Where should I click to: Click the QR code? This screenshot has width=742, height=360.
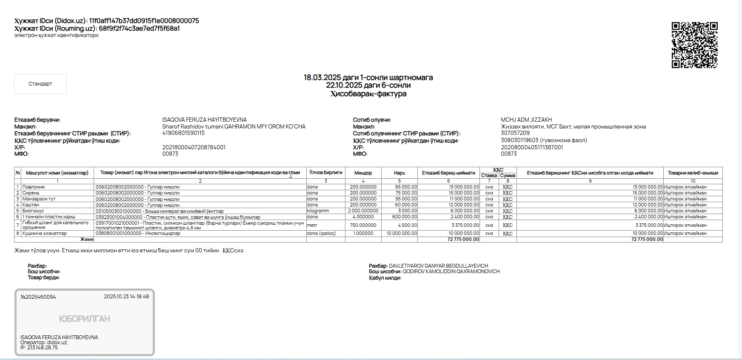tap(694, 45)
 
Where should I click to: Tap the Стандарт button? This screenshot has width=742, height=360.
tap(40, 84)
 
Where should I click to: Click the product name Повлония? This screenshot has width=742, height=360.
tap(33, 187)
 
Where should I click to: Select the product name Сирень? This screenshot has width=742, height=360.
tap(31, 193)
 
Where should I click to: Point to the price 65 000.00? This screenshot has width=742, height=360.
tap(406, 187)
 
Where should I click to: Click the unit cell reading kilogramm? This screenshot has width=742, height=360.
tap(318, 211)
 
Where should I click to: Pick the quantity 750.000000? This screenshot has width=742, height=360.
tap(363, 225)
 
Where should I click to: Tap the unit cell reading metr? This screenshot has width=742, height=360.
tap(312, 225)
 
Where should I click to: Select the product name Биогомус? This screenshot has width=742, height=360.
tap(33, 211)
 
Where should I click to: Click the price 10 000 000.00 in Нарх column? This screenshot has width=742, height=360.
tap(402, 233)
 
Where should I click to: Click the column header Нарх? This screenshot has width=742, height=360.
tap(399, 173)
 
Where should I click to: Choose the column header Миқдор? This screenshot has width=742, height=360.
tap(363, 173)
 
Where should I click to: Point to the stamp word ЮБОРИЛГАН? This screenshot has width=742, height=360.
tap(84, 319)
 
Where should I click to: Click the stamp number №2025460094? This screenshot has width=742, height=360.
tap(38, 297)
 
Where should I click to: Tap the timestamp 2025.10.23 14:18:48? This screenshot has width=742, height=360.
tap(126, 297)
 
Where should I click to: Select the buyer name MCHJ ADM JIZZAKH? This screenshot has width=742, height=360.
tap(526, 120)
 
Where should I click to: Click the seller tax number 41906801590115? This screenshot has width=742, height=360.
tap(183, 133)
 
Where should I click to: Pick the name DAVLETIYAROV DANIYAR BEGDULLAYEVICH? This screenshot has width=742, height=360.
tap(438, 266)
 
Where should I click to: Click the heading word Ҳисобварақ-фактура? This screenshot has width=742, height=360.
tap(368, 94)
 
